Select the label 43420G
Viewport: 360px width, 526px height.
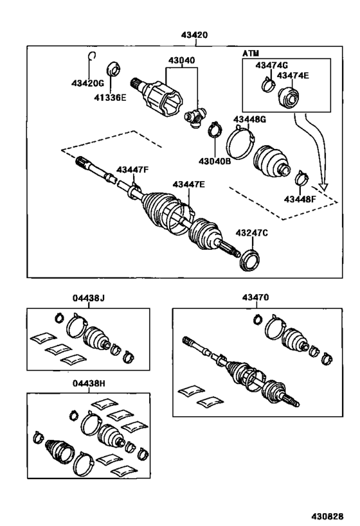[x=87, y=83]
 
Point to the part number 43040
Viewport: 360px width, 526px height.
[x=182, y=60]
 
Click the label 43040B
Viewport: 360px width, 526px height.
[x=215, y=161]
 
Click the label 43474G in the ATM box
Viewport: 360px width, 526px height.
[x=271, y=65]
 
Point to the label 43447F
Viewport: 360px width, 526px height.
[x=132, y=170]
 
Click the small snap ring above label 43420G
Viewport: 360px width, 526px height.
[x=92, y=56]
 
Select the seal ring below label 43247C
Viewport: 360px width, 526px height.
[x=249, y=262]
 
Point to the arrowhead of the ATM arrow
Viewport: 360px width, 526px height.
[x=325, y=188]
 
